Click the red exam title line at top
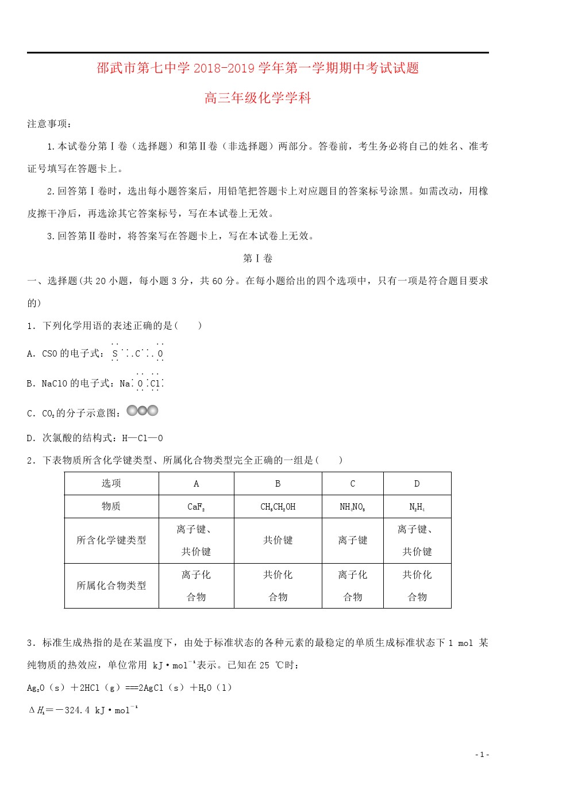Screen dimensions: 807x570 click(x=257, y=68)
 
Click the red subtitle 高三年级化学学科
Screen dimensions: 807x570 click(x=257, y=98)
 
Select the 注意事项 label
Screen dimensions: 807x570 click(x=49, y=124)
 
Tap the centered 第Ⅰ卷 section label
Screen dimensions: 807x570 click(x=257, y=258)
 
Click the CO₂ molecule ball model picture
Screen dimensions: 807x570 click(x=142, y=411)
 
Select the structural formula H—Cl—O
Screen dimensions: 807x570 click(x=142, y=438)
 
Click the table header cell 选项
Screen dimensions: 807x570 click(x=111, y=483)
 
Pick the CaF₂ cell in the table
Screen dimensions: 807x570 click(x=196, y=507)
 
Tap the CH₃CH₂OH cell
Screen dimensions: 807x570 click(x=278, y=507)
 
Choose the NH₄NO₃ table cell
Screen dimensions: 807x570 click(x=352, y=507)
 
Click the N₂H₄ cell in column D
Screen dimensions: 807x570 click(x=417, y=507)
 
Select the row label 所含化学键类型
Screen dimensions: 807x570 click(x=111, y=540)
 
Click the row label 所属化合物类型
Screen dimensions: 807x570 click(x=111, y=586)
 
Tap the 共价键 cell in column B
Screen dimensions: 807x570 click(x=278, y=540)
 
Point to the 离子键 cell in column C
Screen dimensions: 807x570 click(x=352, y=540)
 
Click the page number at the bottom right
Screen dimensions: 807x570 click(x=482, y=755)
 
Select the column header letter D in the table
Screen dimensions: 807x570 click(x=417, y=484)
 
